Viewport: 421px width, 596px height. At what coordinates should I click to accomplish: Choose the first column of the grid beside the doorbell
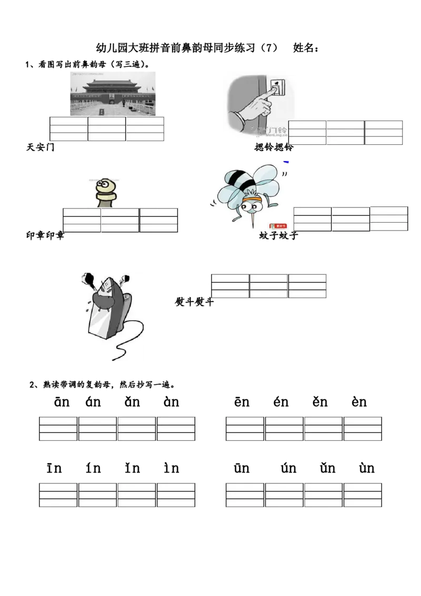tap(307, 133)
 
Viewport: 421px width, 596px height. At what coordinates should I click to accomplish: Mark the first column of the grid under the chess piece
tap(82, 220)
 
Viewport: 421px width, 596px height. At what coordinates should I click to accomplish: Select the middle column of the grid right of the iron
tap(268, 284)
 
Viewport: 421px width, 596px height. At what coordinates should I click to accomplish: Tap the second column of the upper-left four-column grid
tap(97, 428)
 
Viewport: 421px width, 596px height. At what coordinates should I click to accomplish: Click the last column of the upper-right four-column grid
tap(363, 428)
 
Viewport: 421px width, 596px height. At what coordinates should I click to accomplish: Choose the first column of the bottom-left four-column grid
tap(58, 495)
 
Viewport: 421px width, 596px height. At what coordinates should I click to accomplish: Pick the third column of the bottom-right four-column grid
tap(323, 495)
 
